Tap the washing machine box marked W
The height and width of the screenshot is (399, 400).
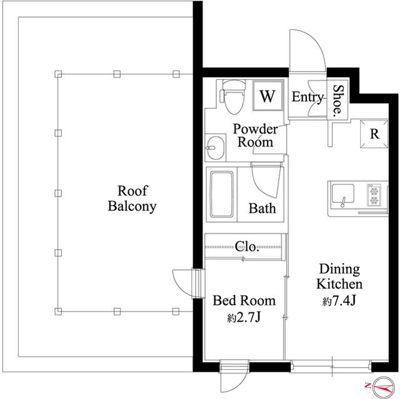point(268,96)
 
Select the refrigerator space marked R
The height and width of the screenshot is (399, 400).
point(374,134)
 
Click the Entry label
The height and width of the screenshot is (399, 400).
point(307,97)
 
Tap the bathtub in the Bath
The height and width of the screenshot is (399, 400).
point(222,194)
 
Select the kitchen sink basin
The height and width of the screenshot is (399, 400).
point(342,194)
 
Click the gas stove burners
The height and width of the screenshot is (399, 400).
point(374,195)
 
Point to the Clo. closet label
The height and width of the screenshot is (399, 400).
point(247,247)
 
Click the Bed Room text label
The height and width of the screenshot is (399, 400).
point(244,300)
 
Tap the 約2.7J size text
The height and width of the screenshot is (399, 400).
point(244,317)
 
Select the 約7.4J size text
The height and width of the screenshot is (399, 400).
point(339,301)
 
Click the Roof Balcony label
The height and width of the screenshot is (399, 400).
point(132,199)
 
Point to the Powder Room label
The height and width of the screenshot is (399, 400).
point(256,135)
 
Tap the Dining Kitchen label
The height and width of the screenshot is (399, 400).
point(339,277)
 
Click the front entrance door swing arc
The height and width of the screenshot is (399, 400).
point(315,40)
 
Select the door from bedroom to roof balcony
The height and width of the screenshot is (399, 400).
point(189,283)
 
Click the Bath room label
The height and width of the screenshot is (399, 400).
point(262,208)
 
